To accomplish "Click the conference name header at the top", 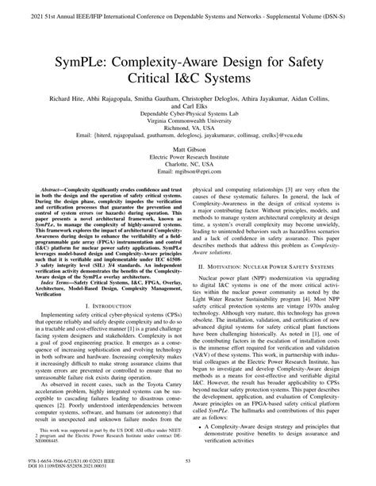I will tap(187, 14).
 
